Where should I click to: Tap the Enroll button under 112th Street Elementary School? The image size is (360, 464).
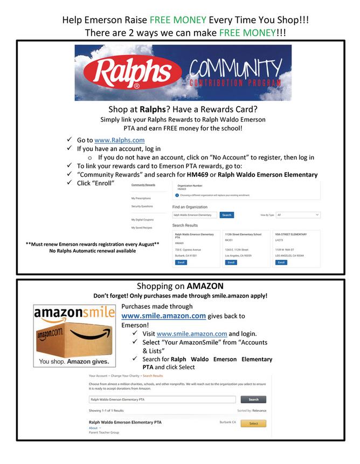(231, 262)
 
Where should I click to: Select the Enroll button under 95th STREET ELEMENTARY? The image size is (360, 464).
(281, 262)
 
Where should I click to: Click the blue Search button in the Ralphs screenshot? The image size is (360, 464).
(227, 215)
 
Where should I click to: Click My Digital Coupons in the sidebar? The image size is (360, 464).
(142, 219)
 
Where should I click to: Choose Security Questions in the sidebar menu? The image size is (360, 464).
(142, 206)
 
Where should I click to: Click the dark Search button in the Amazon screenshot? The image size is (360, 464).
(253, 399)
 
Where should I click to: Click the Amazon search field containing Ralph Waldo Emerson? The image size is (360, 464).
(162, 399)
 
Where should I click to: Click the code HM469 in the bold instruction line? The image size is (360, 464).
(192, 175)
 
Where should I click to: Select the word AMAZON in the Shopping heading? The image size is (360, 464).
(205, 286)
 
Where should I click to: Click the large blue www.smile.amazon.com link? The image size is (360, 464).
(163, 316)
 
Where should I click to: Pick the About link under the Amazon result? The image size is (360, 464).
(94, 428)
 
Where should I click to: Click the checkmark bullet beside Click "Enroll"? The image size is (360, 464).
(70, 183)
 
